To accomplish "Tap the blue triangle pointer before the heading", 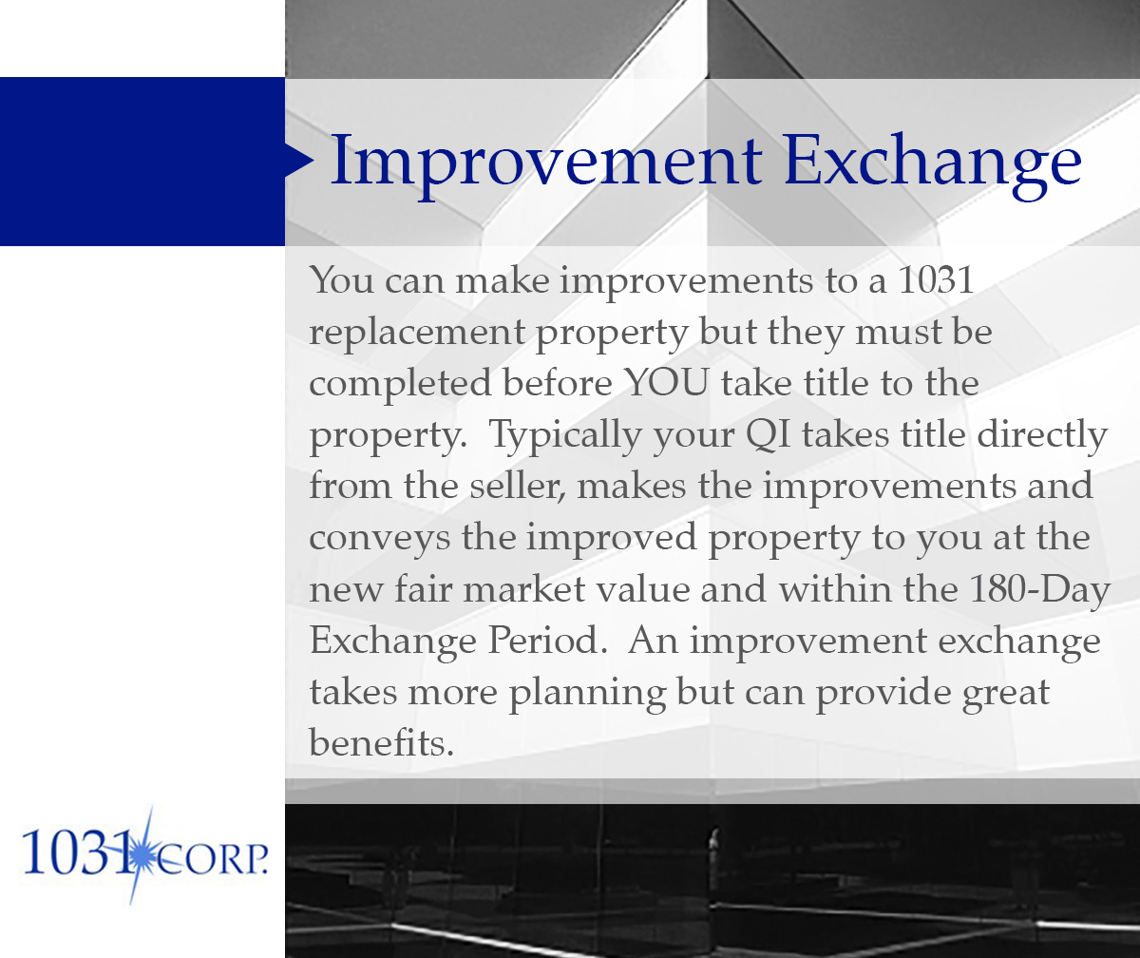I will [x=298, y=161].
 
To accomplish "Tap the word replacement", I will [x=417, y=333].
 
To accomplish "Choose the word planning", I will [x=587, y=692].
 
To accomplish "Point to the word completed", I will [x=399, y=384].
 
